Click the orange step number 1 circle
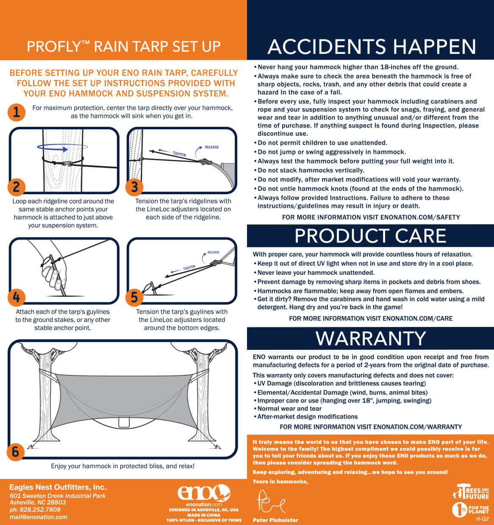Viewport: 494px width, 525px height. [x=17, y=112]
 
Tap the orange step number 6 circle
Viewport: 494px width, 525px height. [x=16, y=452]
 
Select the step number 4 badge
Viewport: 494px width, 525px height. [x=17, y=297]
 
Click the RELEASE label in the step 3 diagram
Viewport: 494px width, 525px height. [x=211, y=147]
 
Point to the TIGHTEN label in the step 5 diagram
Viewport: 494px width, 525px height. [x=189, y=268]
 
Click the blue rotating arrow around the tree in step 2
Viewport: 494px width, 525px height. [x=63, y=148]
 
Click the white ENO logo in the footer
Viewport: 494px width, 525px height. [x=204, y=493]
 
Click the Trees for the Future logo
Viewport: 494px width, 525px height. [x=471, y=491]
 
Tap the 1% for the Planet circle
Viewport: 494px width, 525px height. [x=460, y=510]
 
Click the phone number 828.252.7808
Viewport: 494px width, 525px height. [x=40, y=509]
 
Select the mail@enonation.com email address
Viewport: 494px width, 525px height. [x=39, y=517]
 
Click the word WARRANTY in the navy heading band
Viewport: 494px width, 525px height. [x=371, y=338]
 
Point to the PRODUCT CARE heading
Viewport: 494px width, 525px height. [x=370, y=236]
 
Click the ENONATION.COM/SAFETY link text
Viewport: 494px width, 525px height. [x=420, y=217]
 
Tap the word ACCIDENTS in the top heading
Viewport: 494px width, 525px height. [x=327, y=47]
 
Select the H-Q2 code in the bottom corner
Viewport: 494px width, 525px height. [x=482, y=519]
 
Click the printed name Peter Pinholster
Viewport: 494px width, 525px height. [x=275, y=520]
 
